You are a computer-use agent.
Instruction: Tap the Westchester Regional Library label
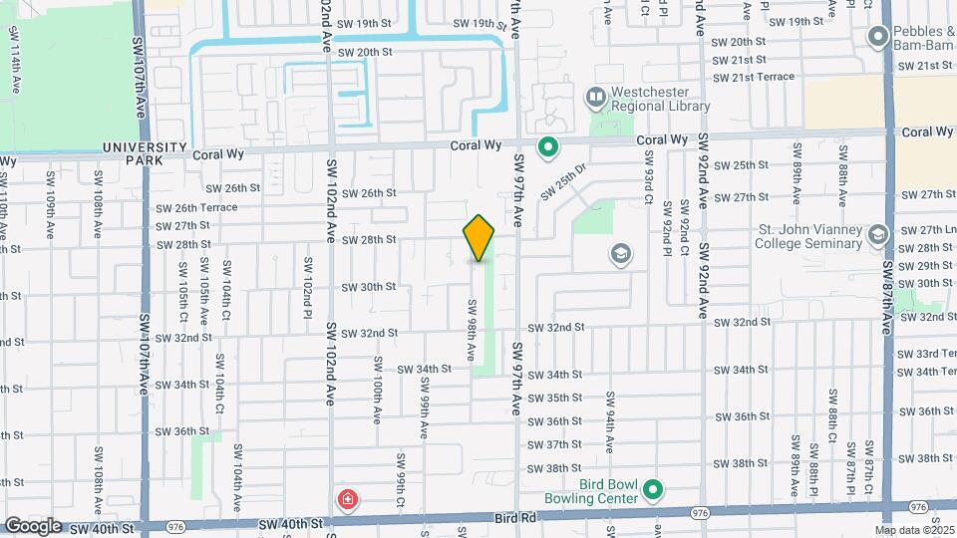pos(660,99)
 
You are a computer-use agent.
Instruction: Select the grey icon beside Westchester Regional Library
pos(596,98)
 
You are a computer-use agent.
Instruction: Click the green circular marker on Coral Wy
pos(547,148)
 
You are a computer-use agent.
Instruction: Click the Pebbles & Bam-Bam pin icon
pos(878,37)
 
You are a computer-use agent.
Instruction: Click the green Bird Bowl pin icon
pos(653,489)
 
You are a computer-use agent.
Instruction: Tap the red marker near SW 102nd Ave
pos(347,499)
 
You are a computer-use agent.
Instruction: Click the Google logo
pos(33,525)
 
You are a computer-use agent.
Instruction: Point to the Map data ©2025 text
pos(913,529)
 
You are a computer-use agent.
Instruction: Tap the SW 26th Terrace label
pos(196,207)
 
